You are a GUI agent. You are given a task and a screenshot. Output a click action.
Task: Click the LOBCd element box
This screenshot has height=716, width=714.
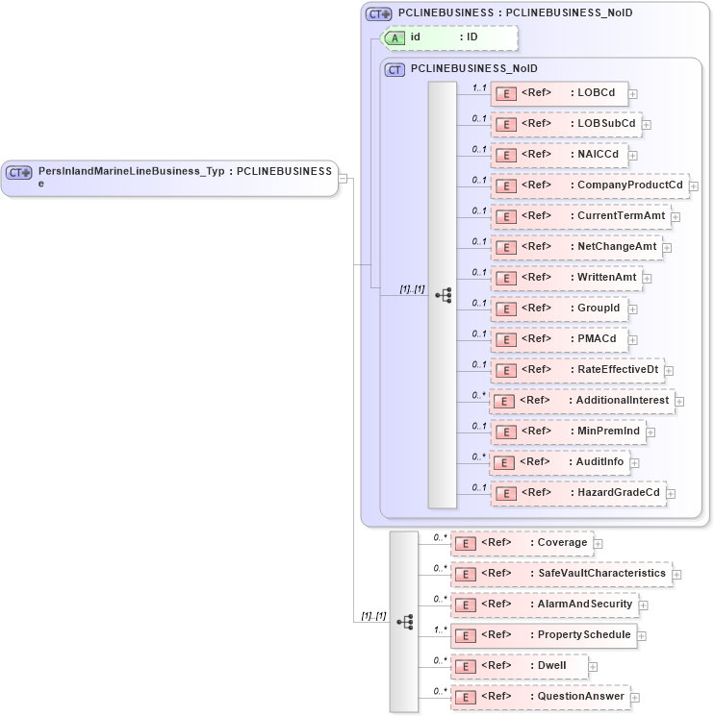coord(559,93)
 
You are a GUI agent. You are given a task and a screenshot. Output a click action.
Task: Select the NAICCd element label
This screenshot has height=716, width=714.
coord(598,155)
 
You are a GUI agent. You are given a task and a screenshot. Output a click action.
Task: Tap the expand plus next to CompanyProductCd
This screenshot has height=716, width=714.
coord(694,185)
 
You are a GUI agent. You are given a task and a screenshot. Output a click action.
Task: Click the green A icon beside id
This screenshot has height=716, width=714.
coord(395,37)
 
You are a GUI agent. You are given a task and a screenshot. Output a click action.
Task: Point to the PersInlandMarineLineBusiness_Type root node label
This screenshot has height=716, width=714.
coord(183,172)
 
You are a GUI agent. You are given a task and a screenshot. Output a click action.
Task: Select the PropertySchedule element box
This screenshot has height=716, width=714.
coord(545,634)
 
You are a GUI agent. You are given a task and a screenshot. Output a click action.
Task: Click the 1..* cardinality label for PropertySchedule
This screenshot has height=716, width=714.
coord(440,630)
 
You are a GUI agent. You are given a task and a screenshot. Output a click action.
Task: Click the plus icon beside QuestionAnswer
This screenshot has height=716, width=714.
coord(635,697)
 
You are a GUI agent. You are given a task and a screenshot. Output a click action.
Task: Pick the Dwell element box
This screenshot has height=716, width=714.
coord(520,665)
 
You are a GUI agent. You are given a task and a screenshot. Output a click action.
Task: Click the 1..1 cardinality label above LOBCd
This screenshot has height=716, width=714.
coord(478,87)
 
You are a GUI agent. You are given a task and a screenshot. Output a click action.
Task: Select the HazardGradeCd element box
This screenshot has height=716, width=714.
coord(577,493)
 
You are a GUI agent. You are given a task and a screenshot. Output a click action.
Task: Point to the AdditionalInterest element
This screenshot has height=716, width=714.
coord(581,401)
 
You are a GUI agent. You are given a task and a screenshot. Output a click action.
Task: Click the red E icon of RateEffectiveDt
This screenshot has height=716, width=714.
coord(505,370)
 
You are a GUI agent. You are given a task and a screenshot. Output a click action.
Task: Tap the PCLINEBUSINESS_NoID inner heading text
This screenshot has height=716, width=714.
coord(473,69)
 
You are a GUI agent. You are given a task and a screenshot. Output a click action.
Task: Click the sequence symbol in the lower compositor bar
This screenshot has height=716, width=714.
coord(404,622)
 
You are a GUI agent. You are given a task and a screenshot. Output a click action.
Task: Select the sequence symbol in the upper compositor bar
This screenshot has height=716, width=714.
coord(443,295)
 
